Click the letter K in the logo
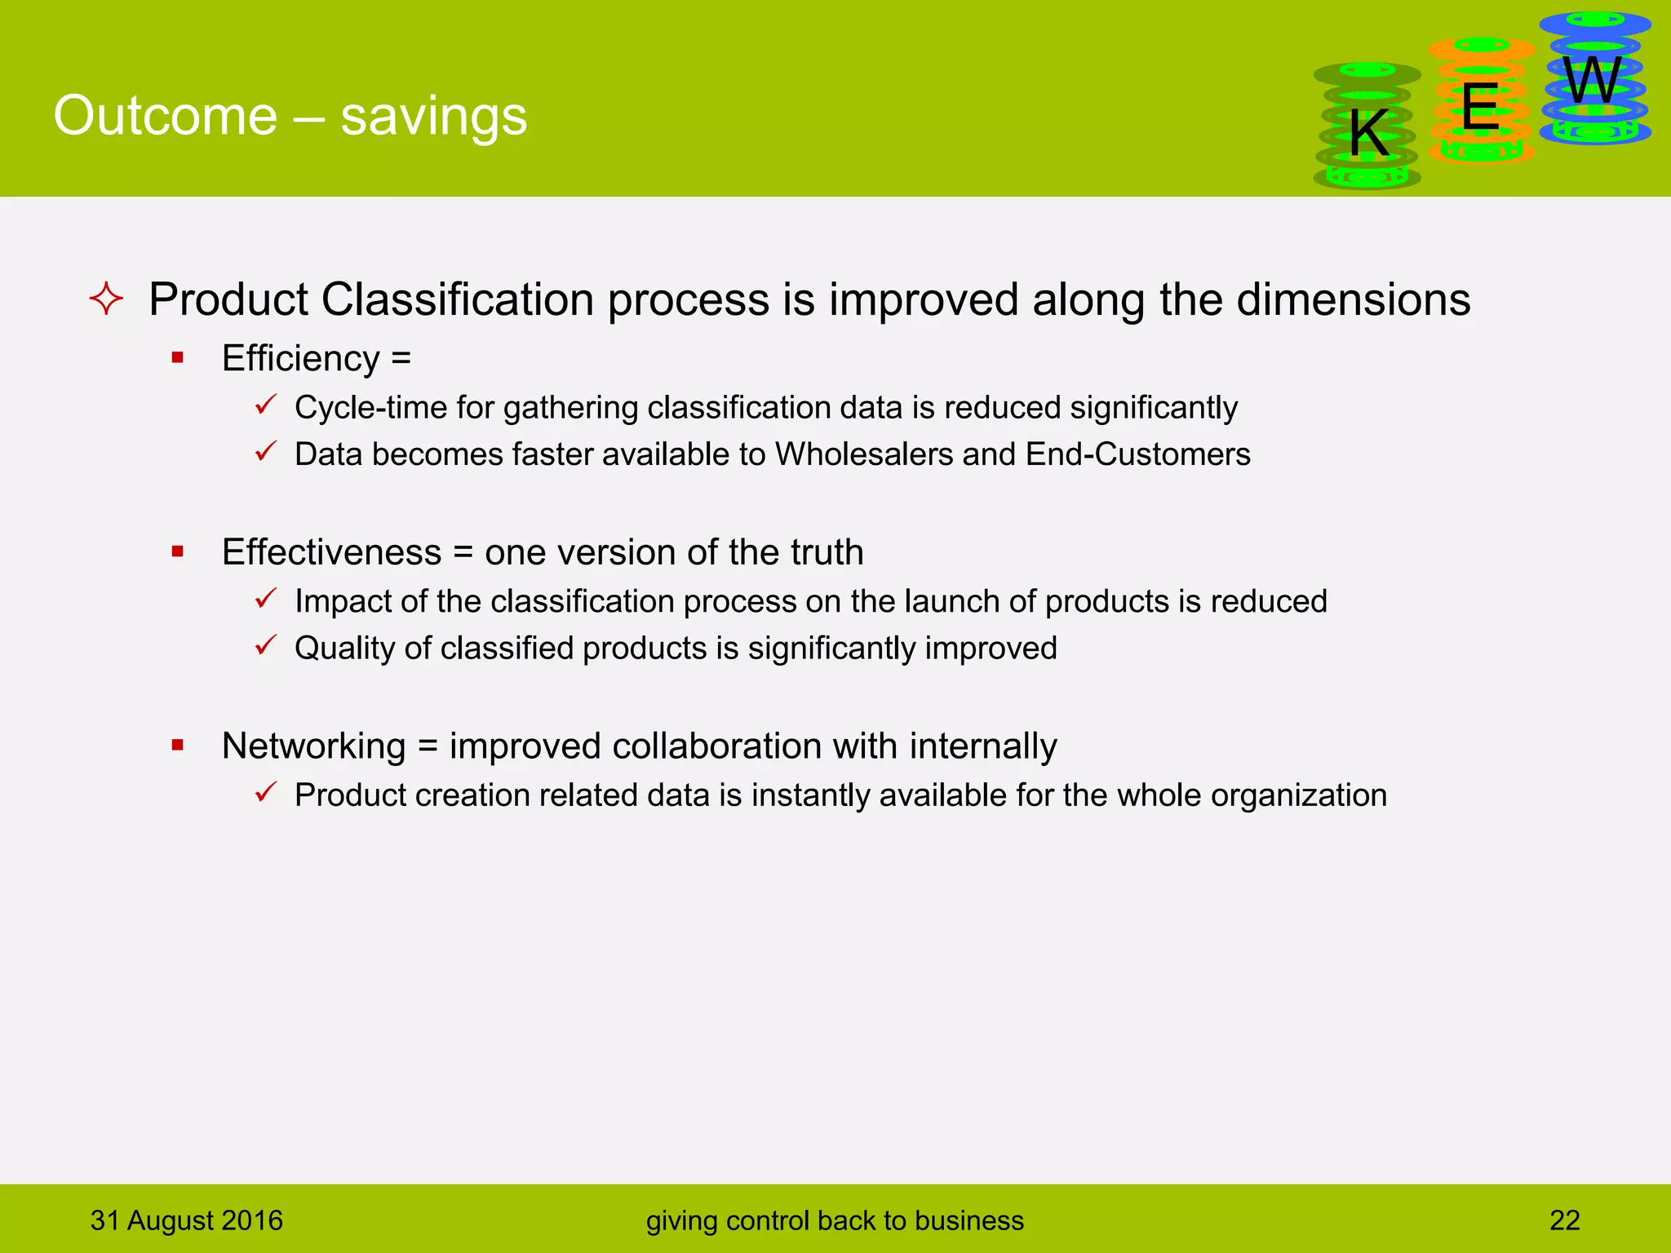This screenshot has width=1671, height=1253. pos(1368,133)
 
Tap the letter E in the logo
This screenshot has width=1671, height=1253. pos(1480,107)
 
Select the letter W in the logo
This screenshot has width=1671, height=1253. pos(1593,81)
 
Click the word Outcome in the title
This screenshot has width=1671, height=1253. pos(166,115)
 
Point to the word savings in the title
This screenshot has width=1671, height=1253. pos(433,117)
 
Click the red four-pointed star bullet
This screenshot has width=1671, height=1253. pos(106,299)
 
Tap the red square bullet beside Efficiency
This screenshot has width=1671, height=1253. pos(178,357)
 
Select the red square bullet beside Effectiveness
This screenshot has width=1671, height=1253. pos(178,551)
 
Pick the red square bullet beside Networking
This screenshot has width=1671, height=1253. pos(178,745)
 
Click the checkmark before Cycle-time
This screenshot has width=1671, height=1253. pos(266,405)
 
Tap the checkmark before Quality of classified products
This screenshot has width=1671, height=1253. pos(266,645)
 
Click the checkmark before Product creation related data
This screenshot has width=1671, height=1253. pos(266,792)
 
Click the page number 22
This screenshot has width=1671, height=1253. pos(1564,1220)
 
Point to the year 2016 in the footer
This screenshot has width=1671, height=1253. pos(251,1220)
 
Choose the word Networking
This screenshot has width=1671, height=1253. pos(313,746)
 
